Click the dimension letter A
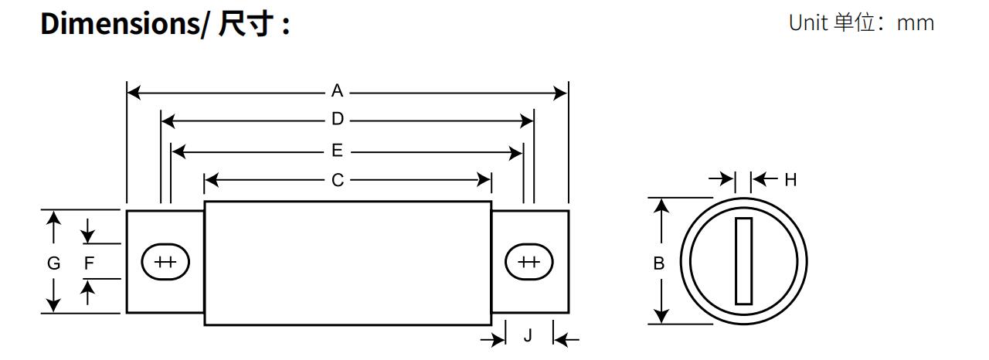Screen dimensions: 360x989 (338, 92)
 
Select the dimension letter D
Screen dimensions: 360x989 (338, 121)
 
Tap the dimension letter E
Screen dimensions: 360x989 (338, 151)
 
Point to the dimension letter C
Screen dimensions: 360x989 (338, 181)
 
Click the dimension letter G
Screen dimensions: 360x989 (53, 263)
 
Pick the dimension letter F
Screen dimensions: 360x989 (89, 263)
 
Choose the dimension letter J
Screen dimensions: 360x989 (528, 336)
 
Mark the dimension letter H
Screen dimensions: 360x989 (790, 180)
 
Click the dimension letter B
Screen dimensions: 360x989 (659, 263)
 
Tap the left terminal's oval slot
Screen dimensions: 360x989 (165, 262)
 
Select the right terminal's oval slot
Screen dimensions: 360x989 (529, 262)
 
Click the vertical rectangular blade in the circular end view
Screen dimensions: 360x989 (743, 261)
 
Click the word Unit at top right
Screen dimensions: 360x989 (808, 23)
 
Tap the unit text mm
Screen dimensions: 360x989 (916, 23)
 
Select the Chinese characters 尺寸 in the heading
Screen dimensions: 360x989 (245, 23)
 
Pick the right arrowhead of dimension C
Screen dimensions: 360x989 (484, 181)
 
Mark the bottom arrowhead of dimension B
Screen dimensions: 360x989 (661, 317)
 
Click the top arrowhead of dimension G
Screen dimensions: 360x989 (53, 216)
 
